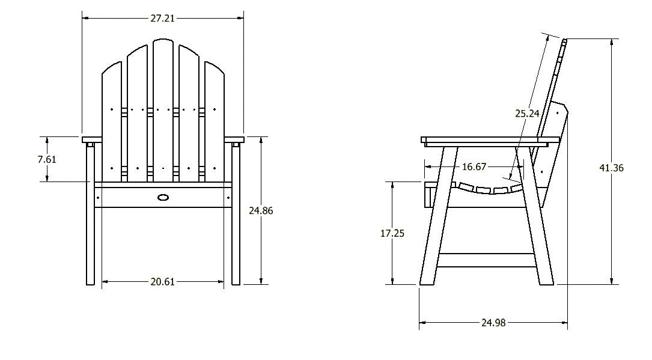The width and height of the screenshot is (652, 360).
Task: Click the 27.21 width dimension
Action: tap(162, 19)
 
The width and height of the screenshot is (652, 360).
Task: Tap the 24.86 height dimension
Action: tap(262, 210)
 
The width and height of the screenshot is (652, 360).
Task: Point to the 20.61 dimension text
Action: tap(162, 281)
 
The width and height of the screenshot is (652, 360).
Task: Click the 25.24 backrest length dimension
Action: tap(527, 112)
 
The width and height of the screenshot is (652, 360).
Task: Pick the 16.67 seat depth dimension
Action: tap(474, 166)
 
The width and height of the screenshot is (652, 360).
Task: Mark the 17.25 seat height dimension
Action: tap(392, 233)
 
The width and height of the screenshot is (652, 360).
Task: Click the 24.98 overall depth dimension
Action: tap(493, 323)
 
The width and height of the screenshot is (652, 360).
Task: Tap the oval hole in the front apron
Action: tap(163, 197)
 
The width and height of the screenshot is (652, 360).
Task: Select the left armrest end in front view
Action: tap(90, 141)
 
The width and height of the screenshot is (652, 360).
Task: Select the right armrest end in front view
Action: tap(236, 141)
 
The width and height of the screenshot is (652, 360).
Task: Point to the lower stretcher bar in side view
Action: tap(487, 260)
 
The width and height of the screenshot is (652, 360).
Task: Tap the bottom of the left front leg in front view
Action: tap(90, 281)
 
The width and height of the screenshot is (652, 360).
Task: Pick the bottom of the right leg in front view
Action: tap(236, 281)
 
